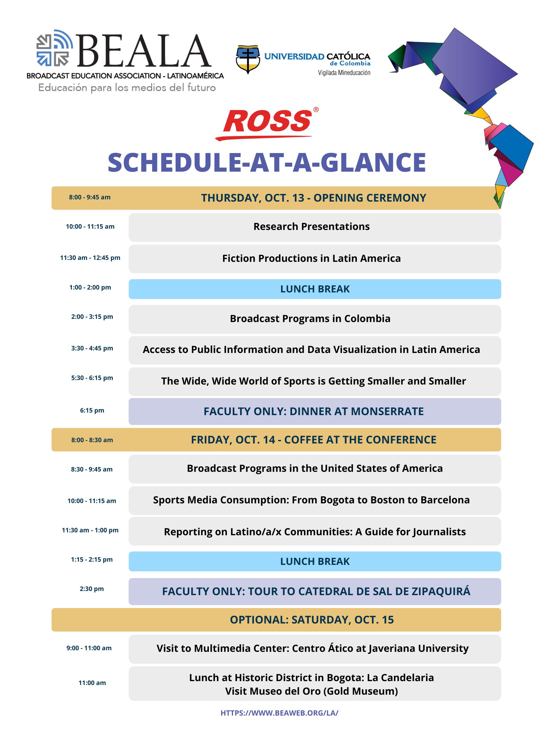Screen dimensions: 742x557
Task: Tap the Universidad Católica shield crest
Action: click(x=248, y=59)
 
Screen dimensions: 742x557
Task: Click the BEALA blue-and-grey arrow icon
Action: click(x=54, y=48)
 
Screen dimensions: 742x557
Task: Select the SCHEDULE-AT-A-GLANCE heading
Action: click(x=267, y=163)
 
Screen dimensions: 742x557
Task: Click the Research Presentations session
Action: click(x=311, y=227)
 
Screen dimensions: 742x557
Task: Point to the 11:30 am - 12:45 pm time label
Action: click(x=90, y=258)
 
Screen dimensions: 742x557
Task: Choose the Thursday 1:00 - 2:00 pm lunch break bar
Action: click(x=315, y=289)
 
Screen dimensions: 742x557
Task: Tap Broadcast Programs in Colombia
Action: click(x=310, y=319)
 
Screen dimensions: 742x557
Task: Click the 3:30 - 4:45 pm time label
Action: click(x=92, y=348)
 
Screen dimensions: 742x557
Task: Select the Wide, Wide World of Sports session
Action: click(x=313, y=381)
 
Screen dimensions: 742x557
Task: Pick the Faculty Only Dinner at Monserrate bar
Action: click(x=314, y=411)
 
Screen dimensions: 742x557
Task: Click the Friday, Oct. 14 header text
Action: click(x=313, y=440)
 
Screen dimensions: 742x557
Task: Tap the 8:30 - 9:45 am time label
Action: click(x=92, y=469)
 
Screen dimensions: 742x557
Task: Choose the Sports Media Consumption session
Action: click(x=311, y=500)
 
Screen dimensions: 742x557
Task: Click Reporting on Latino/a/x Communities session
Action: click(x=315, y=532)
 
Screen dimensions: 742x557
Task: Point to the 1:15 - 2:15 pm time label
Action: click(x=92, y=559)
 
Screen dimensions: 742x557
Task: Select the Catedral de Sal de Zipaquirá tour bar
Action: click(x=316, y=591)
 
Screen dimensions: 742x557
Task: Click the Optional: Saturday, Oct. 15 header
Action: click(x=312, y=620)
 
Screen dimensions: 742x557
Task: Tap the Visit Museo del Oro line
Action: click(x=311, y=691)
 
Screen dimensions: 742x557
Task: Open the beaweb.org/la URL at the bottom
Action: click(x=279, y=713)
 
